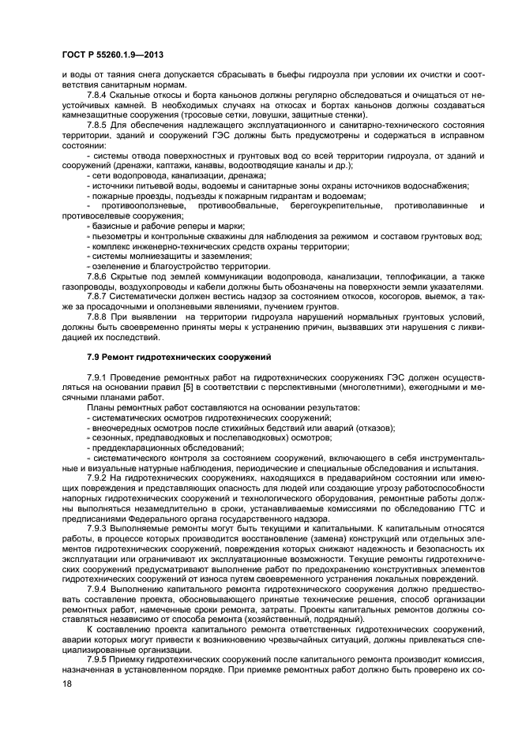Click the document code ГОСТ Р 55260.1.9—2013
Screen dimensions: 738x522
[x=110, y=51]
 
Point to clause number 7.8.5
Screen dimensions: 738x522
[x=100, y=125]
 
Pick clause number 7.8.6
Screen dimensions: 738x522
[x=100, y=277]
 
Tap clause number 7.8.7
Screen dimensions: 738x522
[x=100, y=298]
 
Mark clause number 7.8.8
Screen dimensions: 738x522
[x=100, y=317]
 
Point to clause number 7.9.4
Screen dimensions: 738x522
[x=100, y=590]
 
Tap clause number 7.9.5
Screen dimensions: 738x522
[x=100, y=661]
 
